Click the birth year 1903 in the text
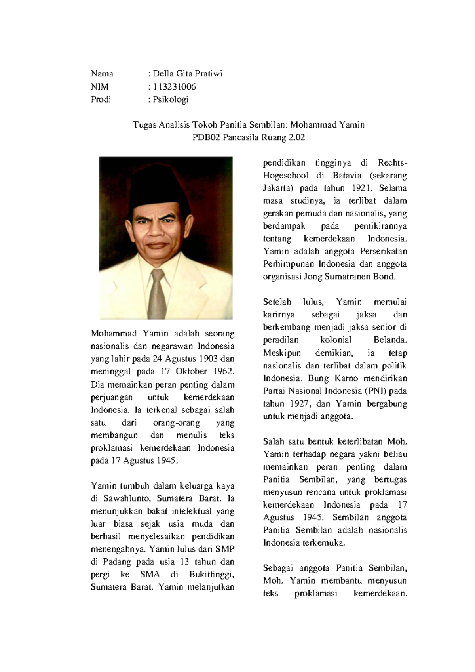(208, 359)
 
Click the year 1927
(302, 404)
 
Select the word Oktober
(192, 372)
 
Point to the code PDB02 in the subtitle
(206, 138)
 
